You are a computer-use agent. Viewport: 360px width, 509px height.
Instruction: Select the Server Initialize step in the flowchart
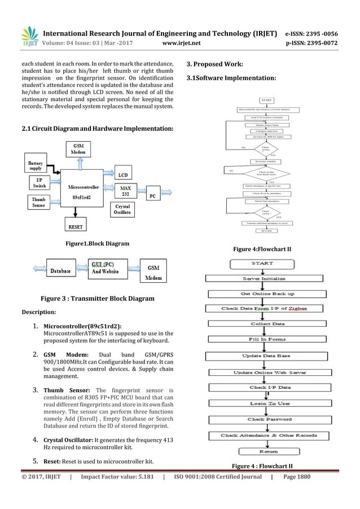tap(264, 278)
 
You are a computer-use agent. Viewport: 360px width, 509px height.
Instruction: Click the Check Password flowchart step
tap(263, 419)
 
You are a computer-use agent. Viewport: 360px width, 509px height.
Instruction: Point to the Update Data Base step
tap(264, 356)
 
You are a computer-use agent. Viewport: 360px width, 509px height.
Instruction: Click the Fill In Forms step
tap(264, 339)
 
